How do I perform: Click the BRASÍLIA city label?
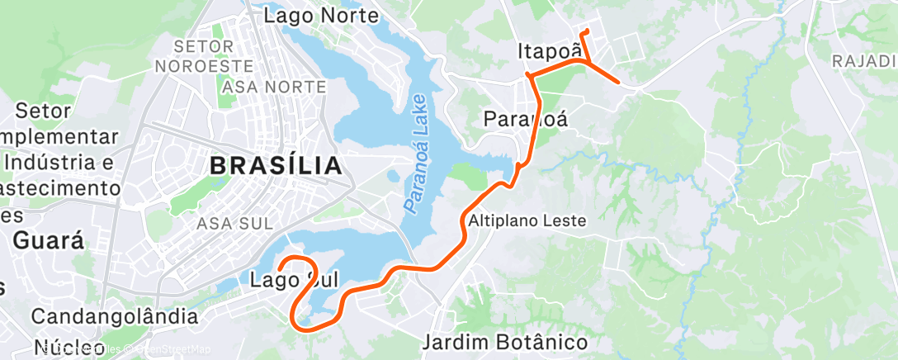coord(276,165)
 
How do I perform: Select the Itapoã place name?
coord(545,50)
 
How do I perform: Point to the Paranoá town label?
coord(526,119)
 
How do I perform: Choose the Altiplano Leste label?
coord(527,221)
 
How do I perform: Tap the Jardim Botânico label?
coord(505,342)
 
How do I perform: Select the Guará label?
coord(50,241)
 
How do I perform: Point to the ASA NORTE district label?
coord(269,86)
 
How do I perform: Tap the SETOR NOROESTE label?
coord(202,55)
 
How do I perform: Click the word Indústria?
coord(56,163)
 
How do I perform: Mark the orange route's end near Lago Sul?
coord(280,269)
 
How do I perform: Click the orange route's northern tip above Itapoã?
coord(584,31)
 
